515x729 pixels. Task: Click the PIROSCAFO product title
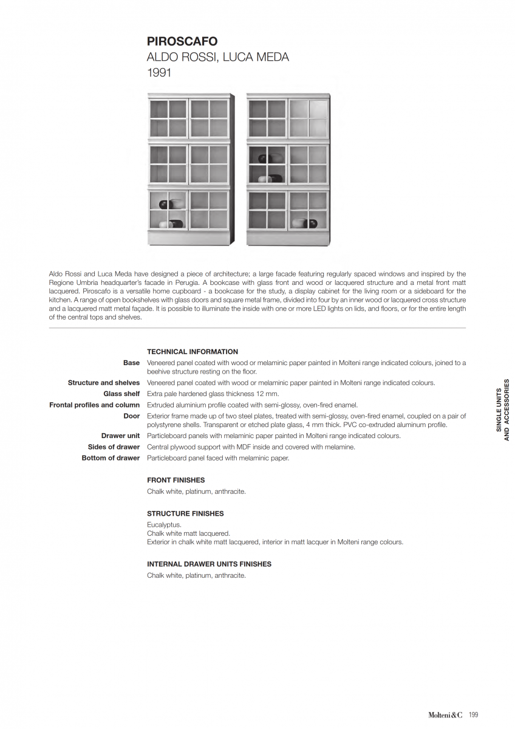coord(182,41)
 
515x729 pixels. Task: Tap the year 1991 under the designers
coord(159,73)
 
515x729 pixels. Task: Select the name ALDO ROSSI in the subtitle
coord(182,57)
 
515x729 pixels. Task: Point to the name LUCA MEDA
coord(256,57)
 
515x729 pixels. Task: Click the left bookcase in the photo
coord(191,169)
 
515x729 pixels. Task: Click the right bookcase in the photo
coord(288,169)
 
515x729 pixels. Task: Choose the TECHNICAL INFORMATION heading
coord(193,352)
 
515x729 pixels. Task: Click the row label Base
coord(131,363)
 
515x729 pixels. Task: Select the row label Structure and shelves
coord(104,383)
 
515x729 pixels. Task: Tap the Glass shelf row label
coord(121,394)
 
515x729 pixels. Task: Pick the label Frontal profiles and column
coord(95,405)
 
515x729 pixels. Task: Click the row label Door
coord(132,416)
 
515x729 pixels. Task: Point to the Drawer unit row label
coord(120,436)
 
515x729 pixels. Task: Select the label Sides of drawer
coord(114,447)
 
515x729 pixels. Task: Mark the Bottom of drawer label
coord(111,457)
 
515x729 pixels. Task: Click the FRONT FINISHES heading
coord(176,480)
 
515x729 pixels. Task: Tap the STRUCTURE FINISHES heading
coord(185,513)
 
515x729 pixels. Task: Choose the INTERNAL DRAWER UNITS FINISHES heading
coord(209,564)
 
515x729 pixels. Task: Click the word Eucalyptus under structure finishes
coord(164,524)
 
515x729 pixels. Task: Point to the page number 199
coord(473,714)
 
